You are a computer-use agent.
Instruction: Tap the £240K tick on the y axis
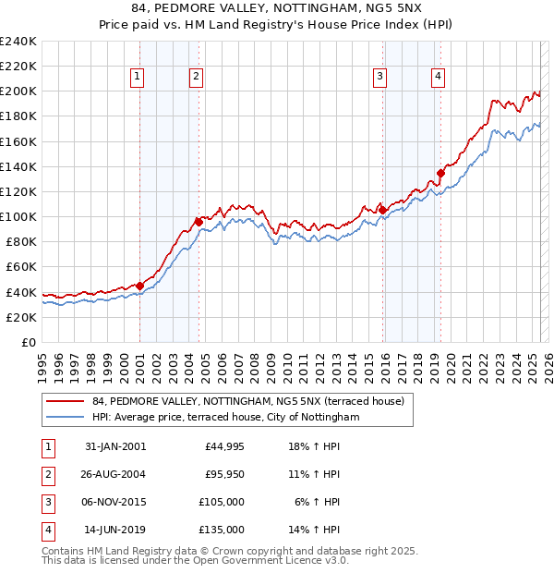(18, 42)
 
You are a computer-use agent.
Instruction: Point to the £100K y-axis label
(18, 216)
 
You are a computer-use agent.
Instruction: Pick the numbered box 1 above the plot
(137, 77)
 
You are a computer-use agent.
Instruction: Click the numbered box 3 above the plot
(379, 77)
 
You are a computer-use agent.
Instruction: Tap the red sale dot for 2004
(199, 221)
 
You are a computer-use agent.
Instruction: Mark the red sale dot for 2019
(440, 172)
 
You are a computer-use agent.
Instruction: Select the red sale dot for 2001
(139, 286)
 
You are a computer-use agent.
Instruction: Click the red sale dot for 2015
(382, 210)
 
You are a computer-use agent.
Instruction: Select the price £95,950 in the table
(224, 474)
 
